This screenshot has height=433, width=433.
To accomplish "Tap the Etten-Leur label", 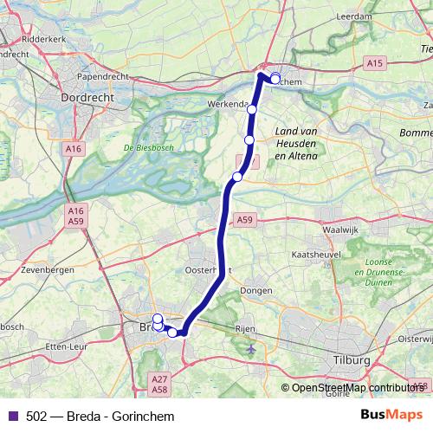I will point(68,346).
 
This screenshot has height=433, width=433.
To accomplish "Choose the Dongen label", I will point(256,291).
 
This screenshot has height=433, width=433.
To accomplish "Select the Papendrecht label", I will point(103,76).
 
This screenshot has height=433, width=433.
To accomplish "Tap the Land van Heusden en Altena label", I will point(295,143).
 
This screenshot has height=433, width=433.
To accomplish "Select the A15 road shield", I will point(374,63).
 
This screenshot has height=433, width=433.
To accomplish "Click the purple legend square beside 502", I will point(11,417).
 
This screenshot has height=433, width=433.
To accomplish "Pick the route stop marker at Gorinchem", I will point(275,79).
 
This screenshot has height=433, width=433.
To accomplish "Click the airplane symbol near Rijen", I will point(250,349).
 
